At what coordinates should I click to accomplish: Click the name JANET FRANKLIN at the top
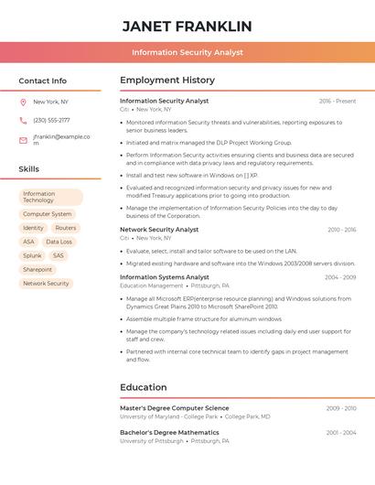pos(187,26)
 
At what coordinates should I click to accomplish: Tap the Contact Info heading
pos(43,81)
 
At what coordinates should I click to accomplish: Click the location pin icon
pos(23,102)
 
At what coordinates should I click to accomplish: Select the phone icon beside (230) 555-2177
pos(23,120)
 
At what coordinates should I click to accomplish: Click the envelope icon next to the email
pos(23,140)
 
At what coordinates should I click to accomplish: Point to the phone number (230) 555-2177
pos(51,120)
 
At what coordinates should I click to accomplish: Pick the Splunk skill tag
pos(32,256)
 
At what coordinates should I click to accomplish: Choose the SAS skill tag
pos(59,256)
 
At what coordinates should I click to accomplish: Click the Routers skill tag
pos(65,228)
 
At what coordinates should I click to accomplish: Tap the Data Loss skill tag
pos(59,242)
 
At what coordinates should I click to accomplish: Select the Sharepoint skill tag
pos(37,270)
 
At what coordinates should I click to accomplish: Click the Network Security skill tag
pos(46,284)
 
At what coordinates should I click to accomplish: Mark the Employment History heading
pos(167,81)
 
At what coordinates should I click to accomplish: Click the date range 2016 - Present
pos(337,101)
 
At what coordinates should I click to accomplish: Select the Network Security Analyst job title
pos(159,230)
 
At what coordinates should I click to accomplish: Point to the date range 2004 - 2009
pos(339,277)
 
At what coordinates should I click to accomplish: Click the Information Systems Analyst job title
pos(165,277)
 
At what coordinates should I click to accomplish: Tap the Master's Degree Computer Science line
pos(175,408)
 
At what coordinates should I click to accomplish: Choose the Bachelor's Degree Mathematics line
pos(169,432)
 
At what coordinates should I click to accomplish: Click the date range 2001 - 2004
pos(340,432)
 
